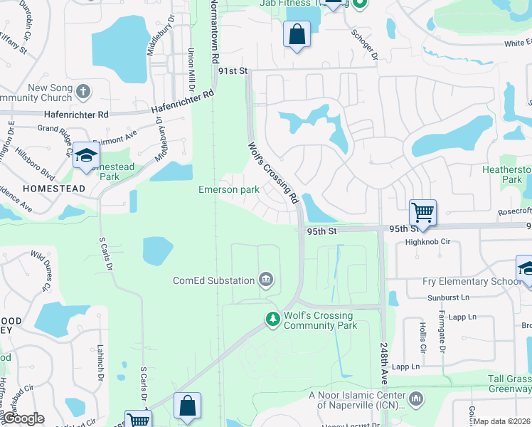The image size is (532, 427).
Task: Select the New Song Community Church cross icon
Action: [x=83, y=91]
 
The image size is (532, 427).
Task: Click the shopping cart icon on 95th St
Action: [x=422, y=211]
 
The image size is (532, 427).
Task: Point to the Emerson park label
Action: [x=228, y=190]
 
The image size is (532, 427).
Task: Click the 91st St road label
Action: [x=233, y=71]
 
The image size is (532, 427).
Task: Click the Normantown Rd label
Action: [x=213, y=32]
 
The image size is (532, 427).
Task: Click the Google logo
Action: [x=23, y=419]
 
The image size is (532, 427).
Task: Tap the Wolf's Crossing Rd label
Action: [x=271, y=172]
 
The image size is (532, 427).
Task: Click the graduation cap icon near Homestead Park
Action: [x=86, y=154]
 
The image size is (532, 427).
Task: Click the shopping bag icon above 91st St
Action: [x=297, y=33]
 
